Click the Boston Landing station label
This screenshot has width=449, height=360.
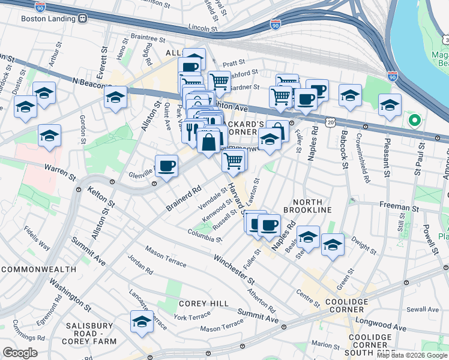(x=49, y=18)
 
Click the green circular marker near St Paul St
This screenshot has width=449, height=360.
(x=414, y=120)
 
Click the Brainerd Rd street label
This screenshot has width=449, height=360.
(x=184, y=200)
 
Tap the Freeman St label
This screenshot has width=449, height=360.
(x=399, y=207)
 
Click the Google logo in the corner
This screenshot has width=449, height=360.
(x=20, y=352)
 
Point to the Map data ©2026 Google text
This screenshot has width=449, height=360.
(x=411, y=355)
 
